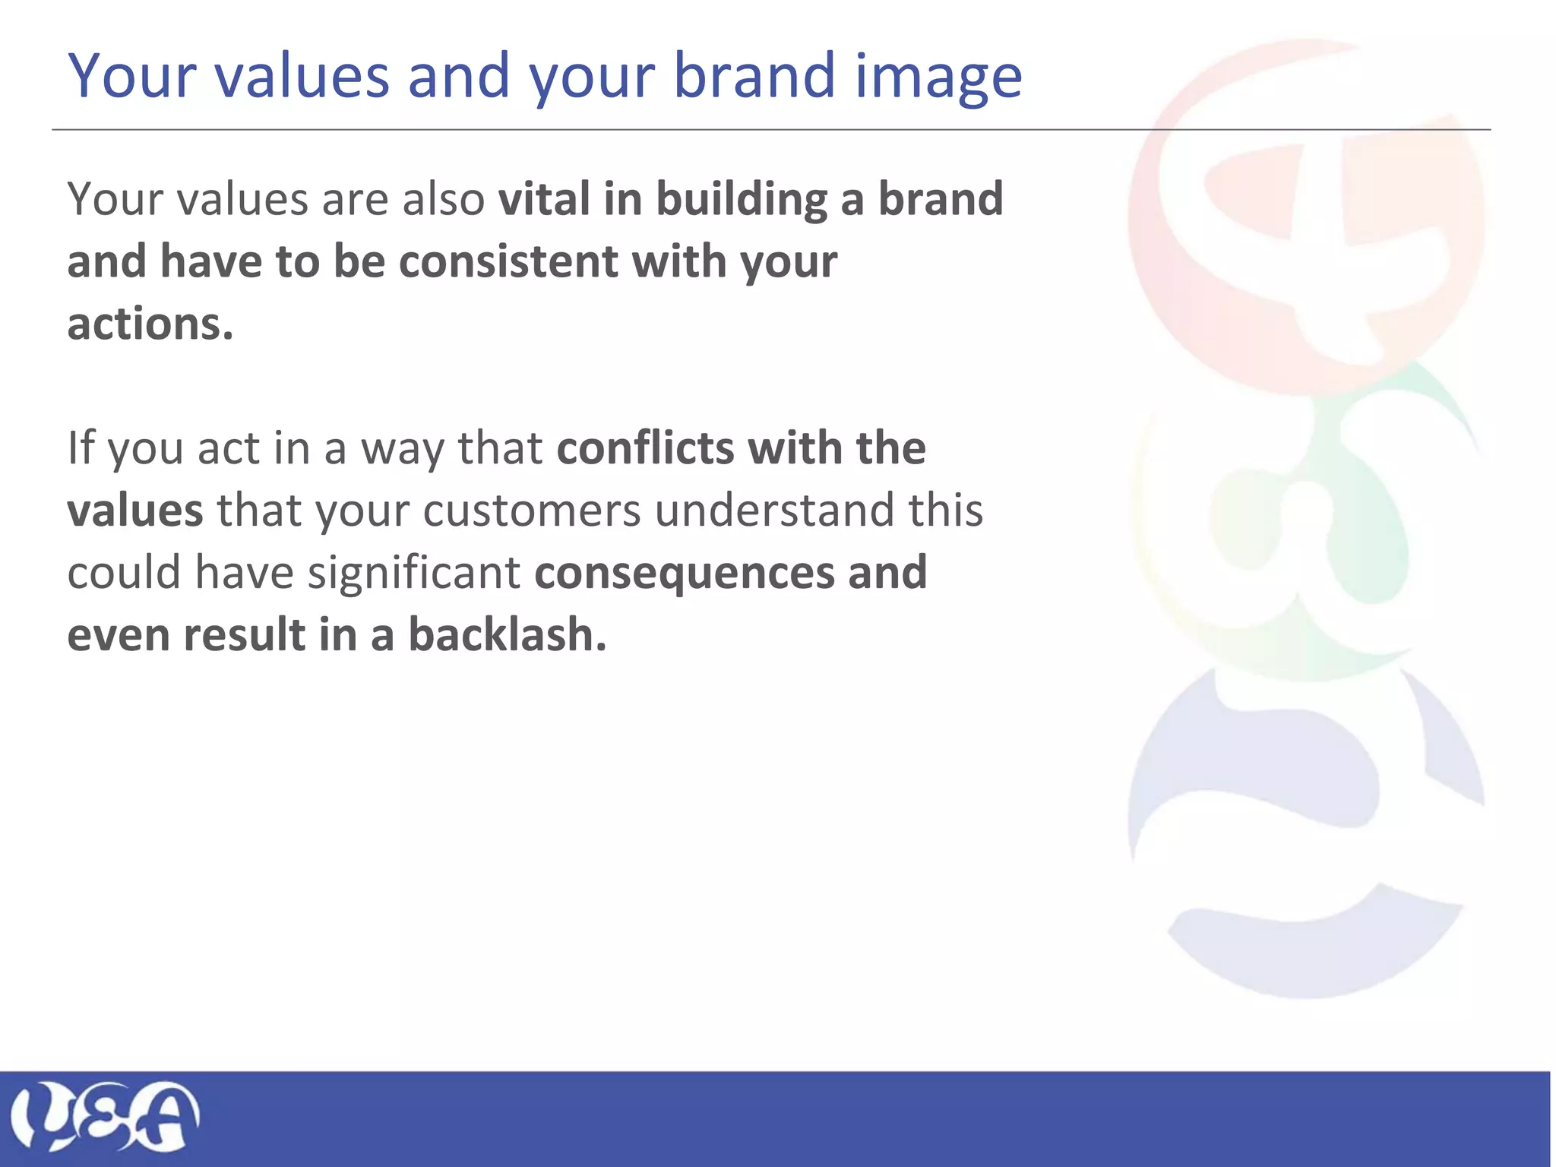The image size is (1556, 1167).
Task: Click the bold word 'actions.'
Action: (x=150, y=324)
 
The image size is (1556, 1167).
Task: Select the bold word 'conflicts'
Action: (x=645, y=448)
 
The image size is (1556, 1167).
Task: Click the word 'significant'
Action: (x=413, y=573)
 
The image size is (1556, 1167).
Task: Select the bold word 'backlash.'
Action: (x=508, y=634)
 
